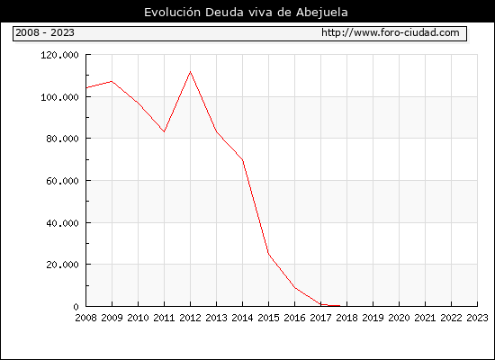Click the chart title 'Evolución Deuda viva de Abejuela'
(246, 13)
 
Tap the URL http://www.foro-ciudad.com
(391, 32)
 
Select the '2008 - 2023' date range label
(45, 32)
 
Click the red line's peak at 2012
(191, 72)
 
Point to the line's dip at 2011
(164, 131)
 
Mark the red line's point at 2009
(112, 81)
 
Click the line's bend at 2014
(242, 160)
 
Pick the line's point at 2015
(269, 254)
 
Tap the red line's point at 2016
(295, 287)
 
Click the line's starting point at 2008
(86, 87)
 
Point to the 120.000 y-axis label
(59, 55)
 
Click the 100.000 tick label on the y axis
(59, 97)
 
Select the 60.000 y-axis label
(62, 181)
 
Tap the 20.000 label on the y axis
(62, 265)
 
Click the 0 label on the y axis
(76, 307)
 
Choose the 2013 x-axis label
(216, 318)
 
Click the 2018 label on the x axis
(346, 318)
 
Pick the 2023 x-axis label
(477, 318)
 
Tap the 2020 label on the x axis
(399, 318)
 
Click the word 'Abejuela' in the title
(322, 13)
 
